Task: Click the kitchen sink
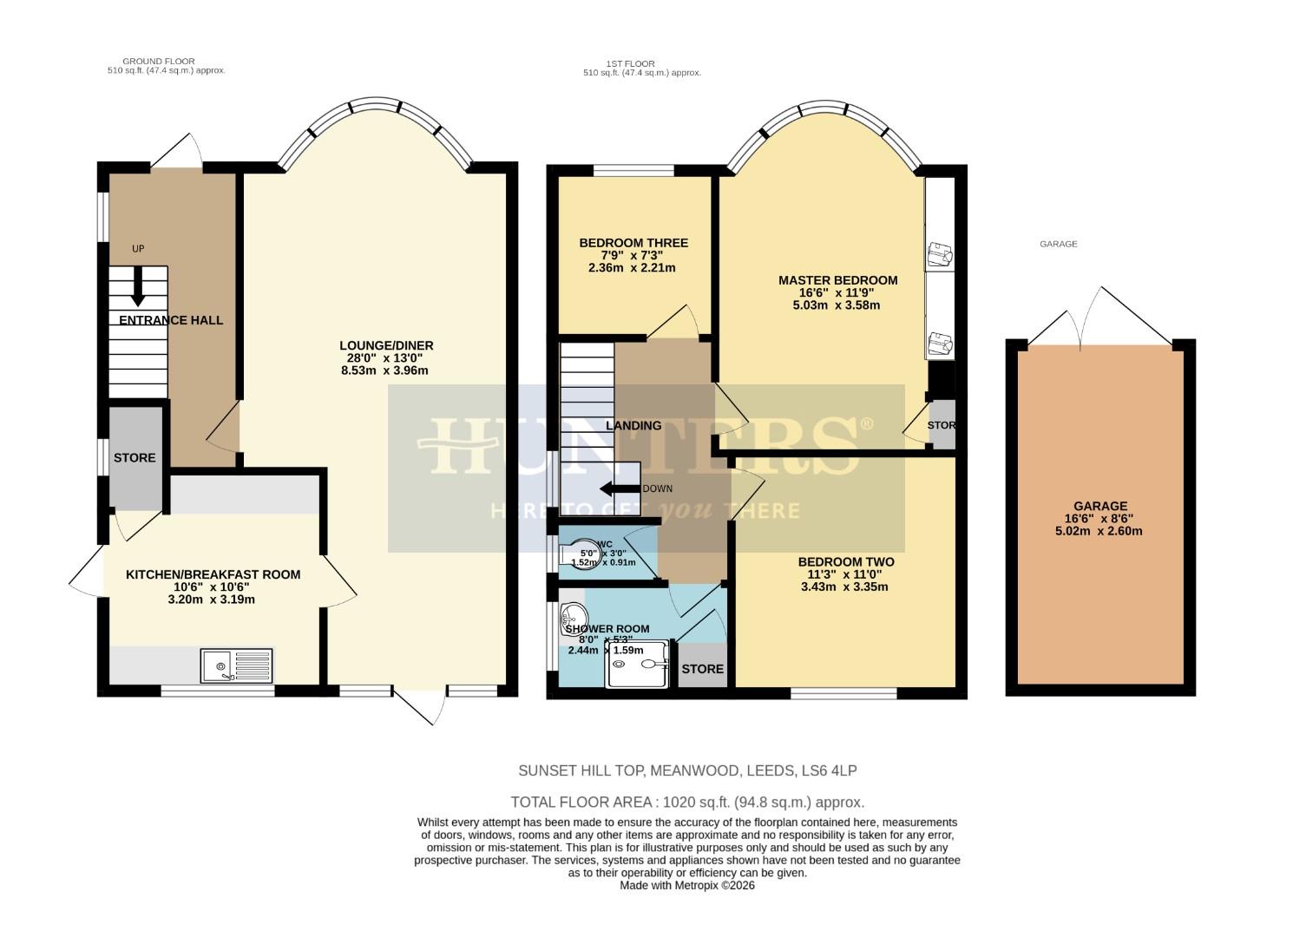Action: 236,665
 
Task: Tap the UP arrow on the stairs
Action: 137,287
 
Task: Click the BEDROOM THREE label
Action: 633,243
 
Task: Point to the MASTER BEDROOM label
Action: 837,280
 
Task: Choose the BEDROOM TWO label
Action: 845,562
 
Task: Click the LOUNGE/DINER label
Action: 386,345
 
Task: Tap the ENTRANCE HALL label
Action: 171,320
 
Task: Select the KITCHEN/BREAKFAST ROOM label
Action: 213,574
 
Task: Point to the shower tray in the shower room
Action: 639,665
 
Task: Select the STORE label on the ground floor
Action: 135,457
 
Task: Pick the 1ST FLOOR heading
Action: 631,63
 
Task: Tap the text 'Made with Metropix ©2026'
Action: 687,886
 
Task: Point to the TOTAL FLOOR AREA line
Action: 687,803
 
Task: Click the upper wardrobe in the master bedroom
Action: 940,226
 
